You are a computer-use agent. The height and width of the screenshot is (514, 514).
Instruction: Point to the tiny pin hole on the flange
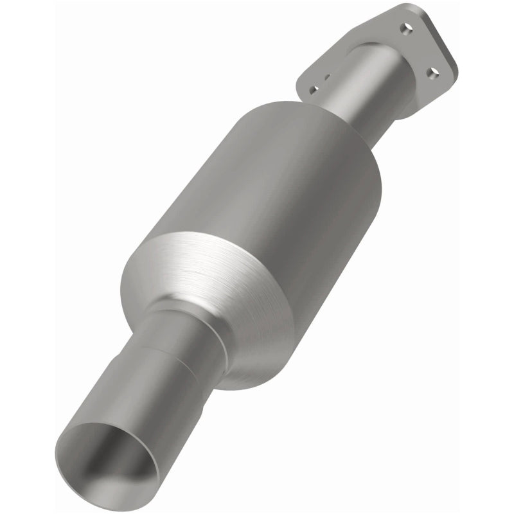327,78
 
